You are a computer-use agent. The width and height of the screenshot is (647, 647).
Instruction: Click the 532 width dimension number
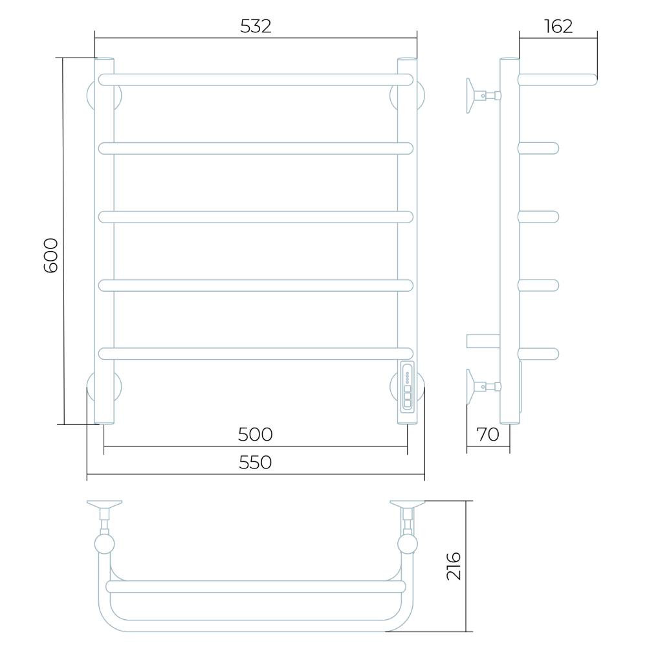pos(256,27)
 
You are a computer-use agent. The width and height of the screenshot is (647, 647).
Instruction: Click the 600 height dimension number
pos(50,256)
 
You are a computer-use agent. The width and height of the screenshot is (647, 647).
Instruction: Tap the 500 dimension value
pos(255,434)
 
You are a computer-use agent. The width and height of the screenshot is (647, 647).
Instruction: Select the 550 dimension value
pos(255,463)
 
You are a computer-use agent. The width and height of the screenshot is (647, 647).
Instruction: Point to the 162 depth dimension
pos(558,27)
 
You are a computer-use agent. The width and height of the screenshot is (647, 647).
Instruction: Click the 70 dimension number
pos(488,434)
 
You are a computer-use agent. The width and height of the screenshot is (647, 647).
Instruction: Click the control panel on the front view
pos(407,386)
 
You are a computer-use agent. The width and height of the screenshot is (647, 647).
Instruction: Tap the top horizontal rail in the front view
pos(256,80)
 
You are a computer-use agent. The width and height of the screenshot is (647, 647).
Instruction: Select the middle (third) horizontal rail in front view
pos(256,217)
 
